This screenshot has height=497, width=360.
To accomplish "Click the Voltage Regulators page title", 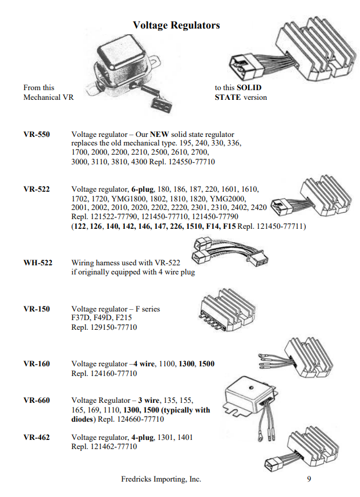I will pyautogui.click(x=176, y=25).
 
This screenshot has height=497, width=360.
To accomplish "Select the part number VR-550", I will pyautogui.click(x=37, y=135).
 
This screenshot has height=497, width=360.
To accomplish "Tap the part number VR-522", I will pyautogui.click(x=37, y=189).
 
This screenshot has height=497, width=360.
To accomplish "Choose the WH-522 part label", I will pyautogui.click(x=38, y=263).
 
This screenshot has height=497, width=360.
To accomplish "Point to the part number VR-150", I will pyautogui.click(x=37, y=309).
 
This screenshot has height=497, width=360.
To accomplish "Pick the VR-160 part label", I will pyautogui.click(x=37, y=363).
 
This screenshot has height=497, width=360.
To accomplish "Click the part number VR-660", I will pyautogui.click(x=37, y=401).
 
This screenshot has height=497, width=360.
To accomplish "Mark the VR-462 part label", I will pyautogui.click(x=37, y=438).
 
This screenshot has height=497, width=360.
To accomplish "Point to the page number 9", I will pyautogui.click(x=309, y=479).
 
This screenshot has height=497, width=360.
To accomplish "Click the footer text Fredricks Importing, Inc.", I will pyautogui.click(x=161, y=479).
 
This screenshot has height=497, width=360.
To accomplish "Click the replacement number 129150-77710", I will pyautogui.click(x=112, y=328).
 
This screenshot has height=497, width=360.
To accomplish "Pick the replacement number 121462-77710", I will pyautogui.click(x=112, y=447).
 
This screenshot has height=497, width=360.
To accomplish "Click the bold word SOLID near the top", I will pyautogui.click(x=249, y=88).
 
